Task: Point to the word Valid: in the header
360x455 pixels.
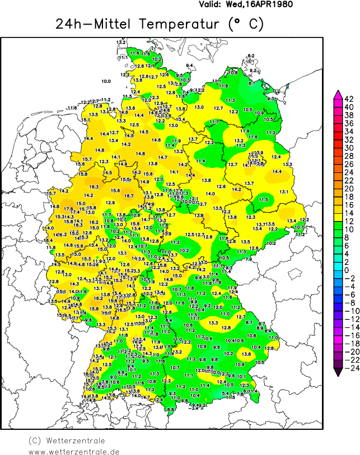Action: pyautogui.click(x=211, y=4)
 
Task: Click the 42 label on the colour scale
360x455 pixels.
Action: pyautogui.click(x=348, y=99)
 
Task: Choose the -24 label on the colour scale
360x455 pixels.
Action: pyautogui.click(x=348, y=368)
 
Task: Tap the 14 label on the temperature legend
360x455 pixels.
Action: pyautogui.click(x=348, y=213)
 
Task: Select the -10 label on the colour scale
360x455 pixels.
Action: pyautogui.click(x=348, y=311)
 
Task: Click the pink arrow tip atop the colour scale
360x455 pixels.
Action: pyautogui.click(x=338, y=92)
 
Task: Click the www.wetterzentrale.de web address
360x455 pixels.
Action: pyautogui.click(x=74, y=451)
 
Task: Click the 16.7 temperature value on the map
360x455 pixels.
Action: pyautogui.click(x=129, y=196)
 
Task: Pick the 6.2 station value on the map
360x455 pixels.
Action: pyautogui.click(x=251, y=55)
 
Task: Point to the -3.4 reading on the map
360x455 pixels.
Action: pyautogui.click(x=194, y=408)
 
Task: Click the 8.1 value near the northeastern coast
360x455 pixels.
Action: pyautogui.click(x=251, y=83)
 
